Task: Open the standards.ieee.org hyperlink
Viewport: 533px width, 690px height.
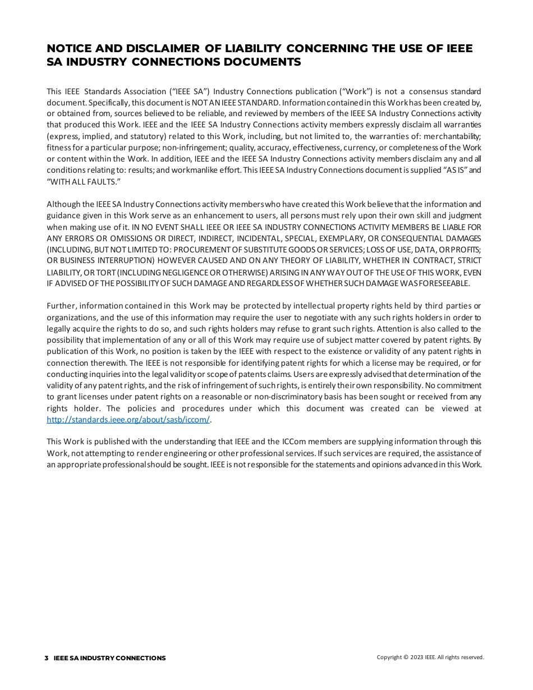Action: (x=128, y=420)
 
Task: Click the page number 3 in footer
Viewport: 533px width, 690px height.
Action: (x=47, y=658)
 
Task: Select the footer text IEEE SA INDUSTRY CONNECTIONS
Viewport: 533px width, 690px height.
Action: (x=110, y=658)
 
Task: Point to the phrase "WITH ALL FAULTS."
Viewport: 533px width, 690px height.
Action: (x=84, y=182)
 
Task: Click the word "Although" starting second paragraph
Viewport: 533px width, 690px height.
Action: (x=63, y=204)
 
